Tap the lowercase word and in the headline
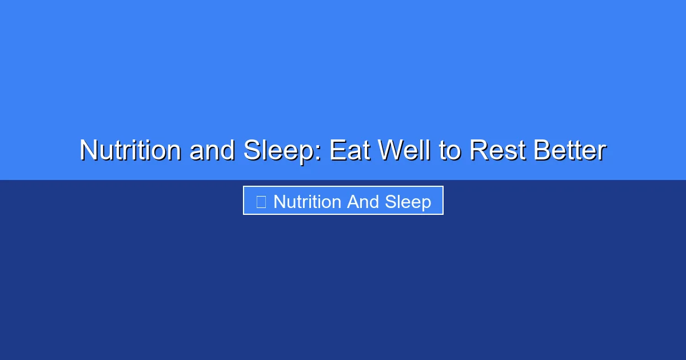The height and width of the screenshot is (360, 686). [x=212, y=151]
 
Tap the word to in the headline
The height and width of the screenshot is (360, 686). [x=450, y=151]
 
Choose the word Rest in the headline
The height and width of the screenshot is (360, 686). [x=497, y=151]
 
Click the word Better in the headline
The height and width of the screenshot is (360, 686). [x=569, y=151]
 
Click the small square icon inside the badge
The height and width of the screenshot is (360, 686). [x=261, y=201]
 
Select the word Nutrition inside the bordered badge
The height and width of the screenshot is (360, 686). [x=308, y=201]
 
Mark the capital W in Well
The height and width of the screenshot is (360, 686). [x=389, y=151]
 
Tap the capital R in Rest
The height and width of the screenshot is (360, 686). [x=478, y=151]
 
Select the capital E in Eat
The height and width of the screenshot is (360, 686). [x=336, y=151]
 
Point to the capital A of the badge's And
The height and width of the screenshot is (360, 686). [x=353, y=201]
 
